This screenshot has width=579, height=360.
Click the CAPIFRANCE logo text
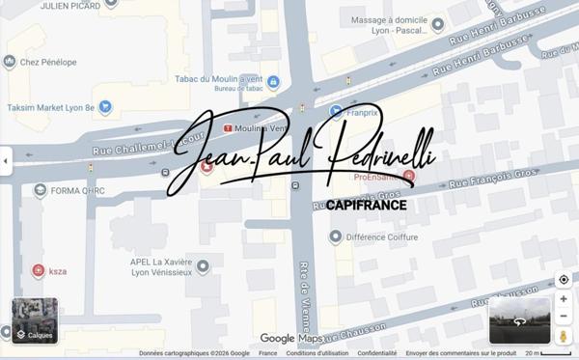pyautogui.click(x=366, y=205)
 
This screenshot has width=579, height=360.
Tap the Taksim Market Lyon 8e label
pyautogui.click(x=48, y=106)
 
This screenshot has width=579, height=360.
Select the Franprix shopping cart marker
pyautogui.click(x=336, y=111)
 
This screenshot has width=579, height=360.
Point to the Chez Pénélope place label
pyautogui.click(x=48, y=62)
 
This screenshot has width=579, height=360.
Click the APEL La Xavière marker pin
pyautogui.click(x=203, y=265)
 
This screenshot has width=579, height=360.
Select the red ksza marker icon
pyautogui.click(x=38, y=271)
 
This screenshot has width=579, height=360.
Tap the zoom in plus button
pyautogui.click(x=564, y=299)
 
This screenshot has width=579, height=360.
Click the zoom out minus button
pyautogui.click(x=564, y=317)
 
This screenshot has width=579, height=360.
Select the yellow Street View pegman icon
pyautogui.click(x=564, y=336)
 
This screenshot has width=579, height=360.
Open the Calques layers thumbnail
pyautogui.click(x=35, y=321)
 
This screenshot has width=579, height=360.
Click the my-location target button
pyautogui.click(x=564, y=280)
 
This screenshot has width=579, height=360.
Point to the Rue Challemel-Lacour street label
pyautogui.click(x=135, y=146)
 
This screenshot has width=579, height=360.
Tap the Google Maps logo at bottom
pyautogui.click(x=290, y=339)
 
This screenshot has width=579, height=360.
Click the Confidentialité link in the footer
pyautogui.click(x=377, y=354)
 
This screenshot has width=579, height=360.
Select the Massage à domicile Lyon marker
pyautogui.click(x=438, y=24)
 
